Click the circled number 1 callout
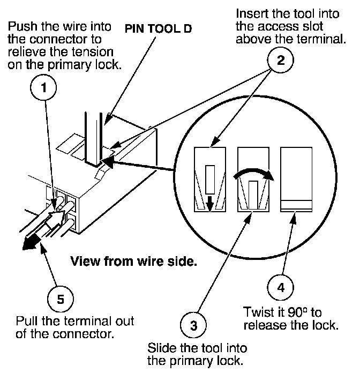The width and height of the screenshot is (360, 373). click(43, 87)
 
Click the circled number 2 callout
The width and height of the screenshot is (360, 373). click(281, 60)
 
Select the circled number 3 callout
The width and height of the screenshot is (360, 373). click(193, 325)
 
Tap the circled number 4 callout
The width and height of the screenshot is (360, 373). click(281, 287)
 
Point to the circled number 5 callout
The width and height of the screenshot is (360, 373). click(61, 299)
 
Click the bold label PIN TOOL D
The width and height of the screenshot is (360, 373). click(158, 29)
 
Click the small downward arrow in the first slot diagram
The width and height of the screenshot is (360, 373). click(209, 204)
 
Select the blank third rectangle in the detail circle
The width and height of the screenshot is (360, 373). click(296, 180)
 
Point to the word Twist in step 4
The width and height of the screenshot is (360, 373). click(257, 312)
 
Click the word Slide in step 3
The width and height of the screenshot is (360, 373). click(162, 348)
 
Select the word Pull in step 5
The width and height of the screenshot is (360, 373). click(26, 321)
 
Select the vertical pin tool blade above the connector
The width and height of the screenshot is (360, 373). click(94, 138)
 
